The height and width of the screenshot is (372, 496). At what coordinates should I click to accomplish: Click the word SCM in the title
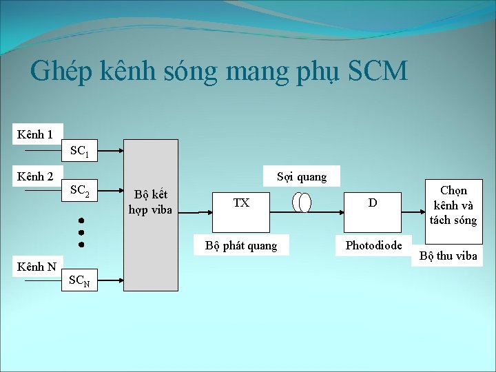point(378,72)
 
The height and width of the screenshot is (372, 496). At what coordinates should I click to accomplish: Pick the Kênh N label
point(37,267)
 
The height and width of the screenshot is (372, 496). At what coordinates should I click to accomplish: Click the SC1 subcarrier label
point(79,151)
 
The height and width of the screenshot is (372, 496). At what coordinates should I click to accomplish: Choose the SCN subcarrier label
point(81,280)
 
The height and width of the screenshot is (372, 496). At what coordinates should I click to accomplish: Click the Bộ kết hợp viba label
point(150,203)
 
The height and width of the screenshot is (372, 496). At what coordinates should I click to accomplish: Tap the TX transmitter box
point(241,203)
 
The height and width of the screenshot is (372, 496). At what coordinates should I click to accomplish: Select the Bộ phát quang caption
point(241,246)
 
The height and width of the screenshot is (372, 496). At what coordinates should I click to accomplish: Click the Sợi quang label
point(301,177)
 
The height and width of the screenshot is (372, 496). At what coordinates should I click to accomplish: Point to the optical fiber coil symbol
point(302,203)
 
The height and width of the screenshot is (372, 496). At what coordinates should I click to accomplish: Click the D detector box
point(373,203)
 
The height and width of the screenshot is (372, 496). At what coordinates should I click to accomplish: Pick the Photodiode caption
point(373,245)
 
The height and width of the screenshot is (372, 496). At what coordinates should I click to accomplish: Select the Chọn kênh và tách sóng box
point(453,205)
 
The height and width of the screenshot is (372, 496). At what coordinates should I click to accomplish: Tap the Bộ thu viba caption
point(448,256)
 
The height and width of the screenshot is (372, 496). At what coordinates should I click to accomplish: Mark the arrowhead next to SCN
point(121,281)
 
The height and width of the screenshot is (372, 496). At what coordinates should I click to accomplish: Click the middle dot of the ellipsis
point(81,232)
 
